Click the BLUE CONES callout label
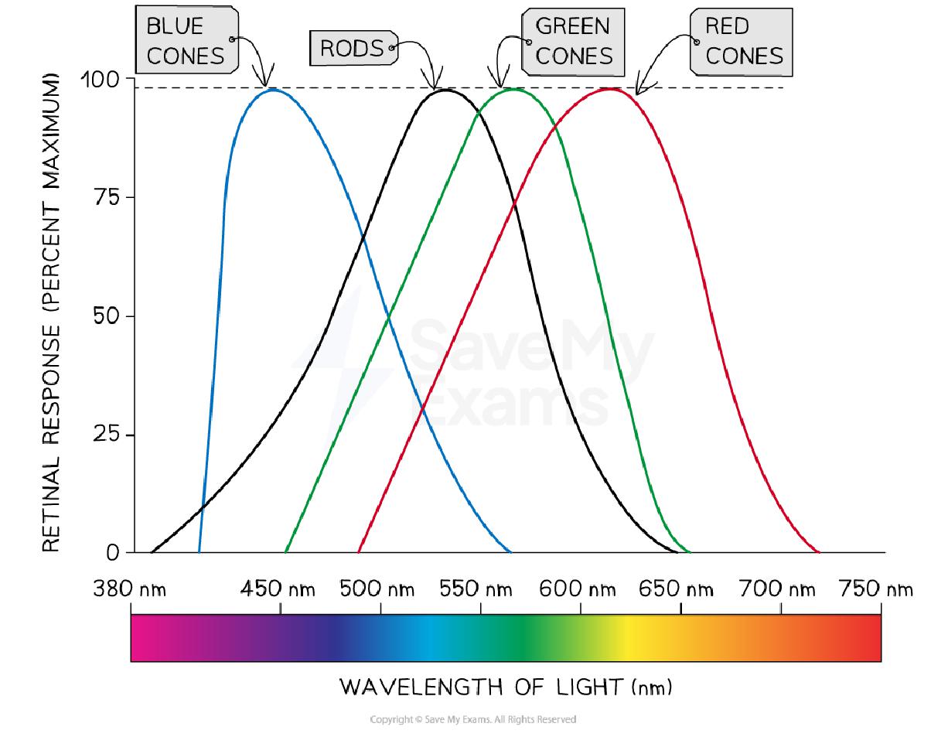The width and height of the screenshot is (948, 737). click(185, 41)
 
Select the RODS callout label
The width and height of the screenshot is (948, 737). click(352, 49)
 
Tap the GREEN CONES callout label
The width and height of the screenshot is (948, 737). click(574, 41)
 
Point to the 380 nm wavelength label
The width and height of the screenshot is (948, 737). click(129, 590)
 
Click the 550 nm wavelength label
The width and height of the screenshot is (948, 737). click(476, 590)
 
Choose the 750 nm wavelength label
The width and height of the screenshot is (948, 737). click(876, 590)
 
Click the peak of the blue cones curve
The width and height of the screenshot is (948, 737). click(272, 90)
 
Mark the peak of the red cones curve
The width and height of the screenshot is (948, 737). click(610, 89)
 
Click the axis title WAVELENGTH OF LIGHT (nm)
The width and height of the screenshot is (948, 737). click(506, 686)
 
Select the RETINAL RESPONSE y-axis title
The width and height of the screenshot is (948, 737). click(51, 312)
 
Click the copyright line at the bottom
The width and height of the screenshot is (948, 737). click(473, 720)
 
